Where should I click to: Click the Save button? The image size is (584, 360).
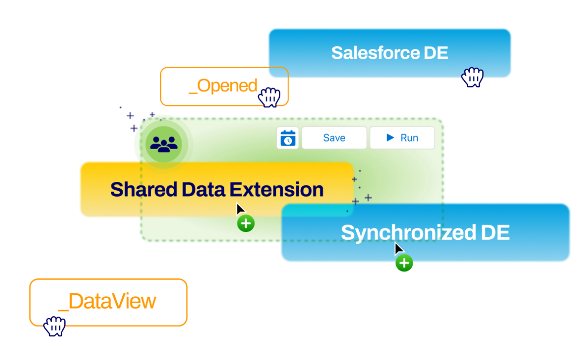click(334, 138)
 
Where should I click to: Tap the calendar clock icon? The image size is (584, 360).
click(288, 138)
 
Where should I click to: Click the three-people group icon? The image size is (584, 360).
click(163, 144)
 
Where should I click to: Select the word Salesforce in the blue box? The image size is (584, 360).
click(369, 52)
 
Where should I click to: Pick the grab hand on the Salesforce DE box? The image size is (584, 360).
click(472, 77)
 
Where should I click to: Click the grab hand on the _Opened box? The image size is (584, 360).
click(269, 97)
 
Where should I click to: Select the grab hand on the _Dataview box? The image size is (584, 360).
click(54, 326)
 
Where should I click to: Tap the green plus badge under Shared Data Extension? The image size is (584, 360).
click(246, 224)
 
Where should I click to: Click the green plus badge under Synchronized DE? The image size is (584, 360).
click(403, 263)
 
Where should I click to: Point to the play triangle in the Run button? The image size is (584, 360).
click(390, 138)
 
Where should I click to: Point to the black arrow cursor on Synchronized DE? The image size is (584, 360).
click(399, 249)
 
